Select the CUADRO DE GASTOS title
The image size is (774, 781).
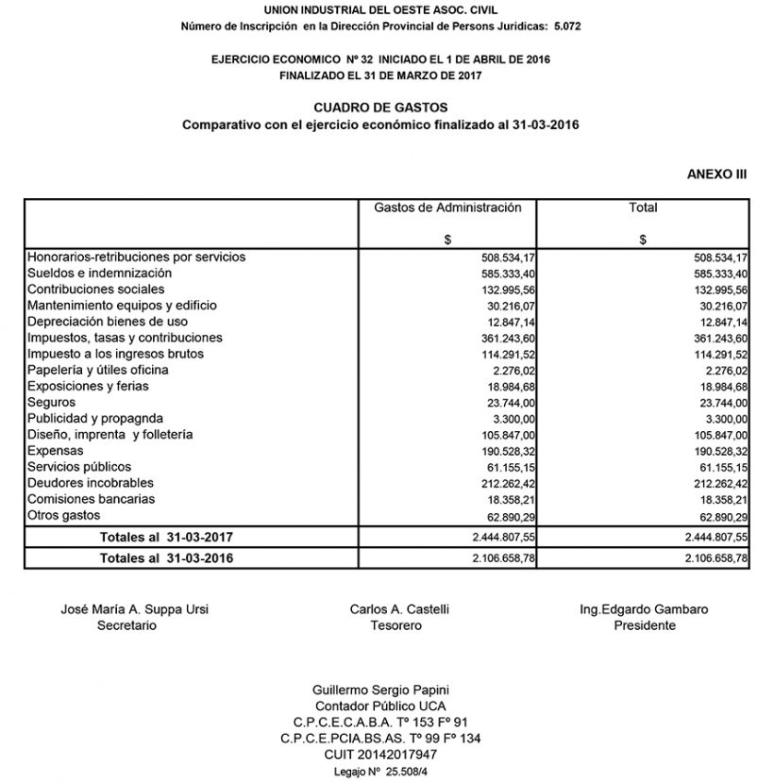(x=380, y=108)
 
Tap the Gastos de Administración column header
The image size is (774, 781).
(x=447, y=208)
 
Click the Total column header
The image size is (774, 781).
(x=643, y=208)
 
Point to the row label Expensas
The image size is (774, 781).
(x=55, y=451)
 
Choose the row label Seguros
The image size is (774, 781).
(x=51, y=402)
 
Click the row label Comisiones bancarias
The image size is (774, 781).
(x=91, y=499)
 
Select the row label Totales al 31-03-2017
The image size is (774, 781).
(x=166, y=537)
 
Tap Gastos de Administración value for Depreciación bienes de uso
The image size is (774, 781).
(x=508, y=322)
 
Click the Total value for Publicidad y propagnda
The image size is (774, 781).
(x=726, y=419)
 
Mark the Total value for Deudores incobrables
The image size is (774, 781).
(x=720, y=484)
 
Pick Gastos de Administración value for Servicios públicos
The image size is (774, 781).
(x=508, y=468)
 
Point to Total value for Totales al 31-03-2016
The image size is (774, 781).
(x=715, y=558)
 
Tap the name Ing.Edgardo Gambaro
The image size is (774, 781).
(x=644, y=609)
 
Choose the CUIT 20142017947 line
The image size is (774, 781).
(x=387, y=755)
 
